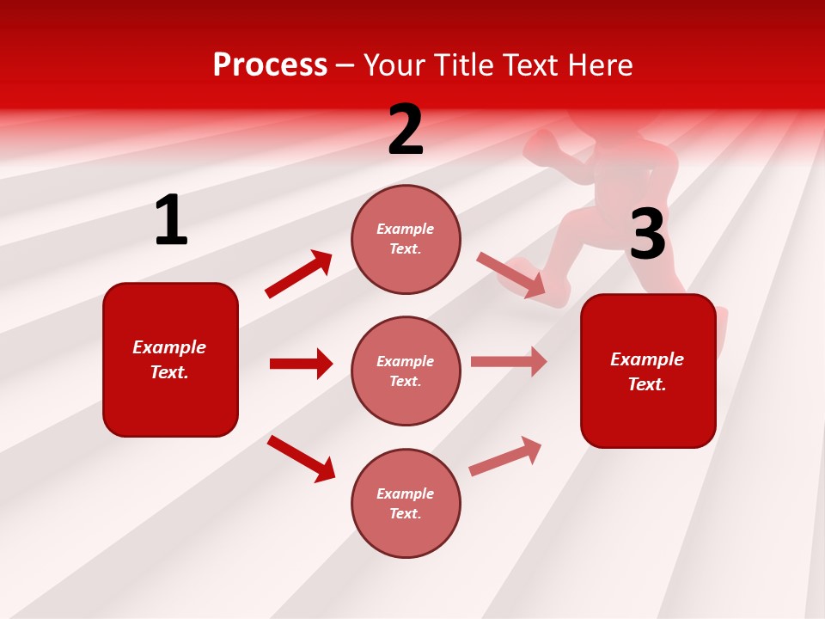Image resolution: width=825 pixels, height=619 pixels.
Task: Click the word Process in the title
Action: coord(270,65)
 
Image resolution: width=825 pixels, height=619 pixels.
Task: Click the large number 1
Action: coord(171,220)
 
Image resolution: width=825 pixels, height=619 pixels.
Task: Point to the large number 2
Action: coord(406,130)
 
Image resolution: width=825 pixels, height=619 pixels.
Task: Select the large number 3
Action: coord(647,235)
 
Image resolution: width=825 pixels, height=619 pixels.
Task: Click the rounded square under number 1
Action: coord(170,359)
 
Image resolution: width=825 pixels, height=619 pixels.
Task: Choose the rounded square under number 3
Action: coord(648,371)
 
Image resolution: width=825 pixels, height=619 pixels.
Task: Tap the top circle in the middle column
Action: coord(406,239)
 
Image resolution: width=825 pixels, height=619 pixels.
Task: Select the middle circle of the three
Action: coord(406,371)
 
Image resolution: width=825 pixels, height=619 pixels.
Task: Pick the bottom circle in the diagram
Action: coord(406,503)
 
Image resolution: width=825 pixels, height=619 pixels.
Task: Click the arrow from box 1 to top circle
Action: coord(298,274)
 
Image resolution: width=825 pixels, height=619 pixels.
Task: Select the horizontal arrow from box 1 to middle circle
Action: coord(301,364)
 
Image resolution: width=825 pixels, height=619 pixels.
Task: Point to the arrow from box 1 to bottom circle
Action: coord(301,459)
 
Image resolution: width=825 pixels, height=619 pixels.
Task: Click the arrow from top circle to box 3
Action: coord(511,275)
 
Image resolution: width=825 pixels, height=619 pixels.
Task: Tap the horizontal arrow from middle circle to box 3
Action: coord(509,361)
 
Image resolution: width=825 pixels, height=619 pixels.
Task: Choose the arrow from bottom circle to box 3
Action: coord(506,456)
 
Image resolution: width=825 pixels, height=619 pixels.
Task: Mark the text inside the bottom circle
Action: coord(406,503)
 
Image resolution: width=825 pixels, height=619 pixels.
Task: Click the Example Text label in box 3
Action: coord(647,371)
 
